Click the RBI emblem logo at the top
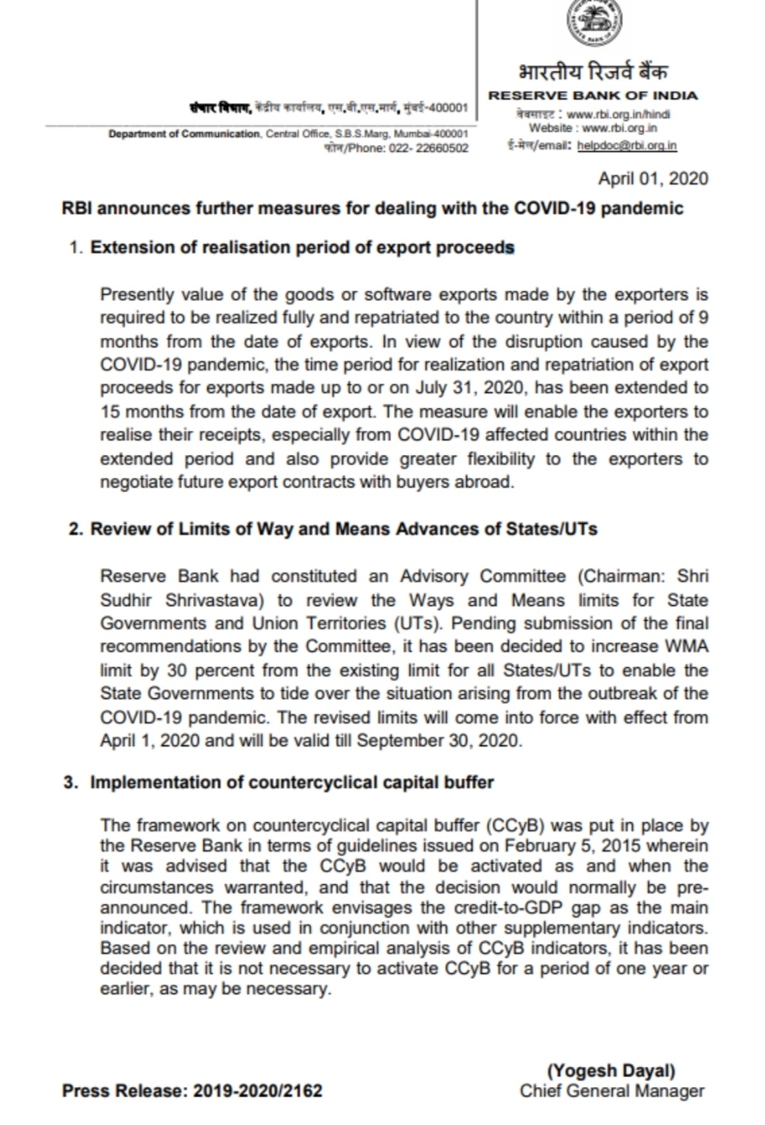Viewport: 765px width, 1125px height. pyautogui.click(x=594, y=21)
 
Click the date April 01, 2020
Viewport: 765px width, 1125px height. pyautogui.click(x=653, y=179)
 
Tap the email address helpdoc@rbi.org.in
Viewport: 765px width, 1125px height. pyautogui.click(x=627, y=145)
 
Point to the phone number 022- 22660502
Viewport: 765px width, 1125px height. pyautogui.click(x=430, y=148)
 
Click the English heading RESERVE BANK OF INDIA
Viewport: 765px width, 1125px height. pyautogui.click(x=592, y=96)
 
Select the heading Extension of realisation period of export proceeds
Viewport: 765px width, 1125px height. pyautogui.click(x=302, y=248)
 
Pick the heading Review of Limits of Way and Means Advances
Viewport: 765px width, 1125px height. pyautogui.click(x=343, y=529)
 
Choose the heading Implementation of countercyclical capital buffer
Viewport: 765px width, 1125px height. pyautogui.click(x=291, y=783)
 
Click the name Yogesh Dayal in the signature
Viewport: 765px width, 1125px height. pyautogui.click(x=612, y=1071)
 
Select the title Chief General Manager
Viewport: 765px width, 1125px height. pyautogui.click(x=612, y=1091)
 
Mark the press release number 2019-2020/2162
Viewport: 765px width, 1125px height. pyautogui.click(x=257, y=1091)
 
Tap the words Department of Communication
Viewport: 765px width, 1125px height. pyautogui.click(x=184, y=134)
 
